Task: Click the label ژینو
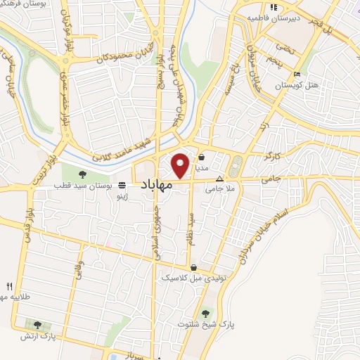pos(123,198)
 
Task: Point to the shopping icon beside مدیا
pos(202,157)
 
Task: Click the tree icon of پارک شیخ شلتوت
pos(205,314)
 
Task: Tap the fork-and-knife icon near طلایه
pos(9,286)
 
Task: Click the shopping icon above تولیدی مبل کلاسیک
pos(193,267)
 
